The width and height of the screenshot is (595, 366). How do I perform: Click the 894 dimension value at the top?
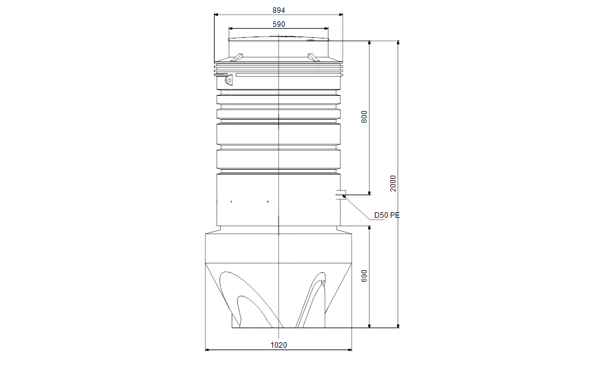click(278, 10)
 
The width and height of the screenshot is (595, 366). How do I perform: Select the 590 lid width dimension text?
click(278, 24)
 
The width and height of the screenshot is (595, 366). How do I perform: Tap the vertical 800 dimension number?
click(365, 117)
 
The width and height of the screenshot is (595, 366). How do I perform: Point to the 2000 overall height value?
click(394, 183)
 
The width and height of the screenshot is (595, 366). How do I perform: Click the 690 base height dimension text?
click(365, 276)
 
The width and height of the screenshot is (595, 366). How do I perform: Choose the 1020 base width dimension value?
click(278, 345)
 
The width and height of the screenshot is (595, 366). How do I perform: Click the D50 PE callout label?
click(387, 215)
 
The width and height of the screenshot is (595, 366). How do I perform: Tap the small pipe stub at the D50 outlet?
click(341, 195)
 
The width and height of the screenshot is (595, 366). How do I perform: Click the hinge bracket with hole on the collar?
click(229, 79)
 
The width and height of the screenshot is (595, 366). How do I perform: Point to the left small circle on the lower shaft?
click(232, 201)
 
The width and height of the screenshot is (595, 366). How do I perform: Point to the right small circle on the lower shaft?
click(268, 201)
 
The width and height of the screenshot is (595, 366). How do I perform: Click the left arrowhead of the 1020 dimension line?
click(208, 350)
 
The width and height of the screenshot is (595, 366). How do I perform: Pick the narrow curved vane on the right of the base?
click(312, 299)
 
